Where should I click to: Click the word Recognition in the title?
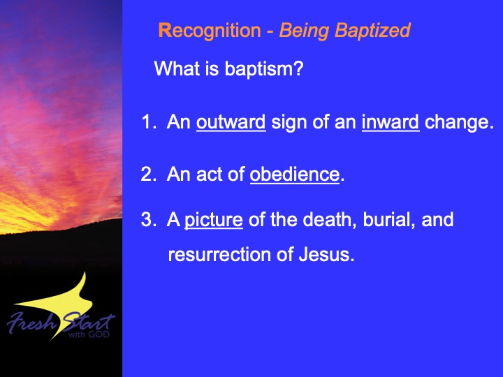tap(210, 31)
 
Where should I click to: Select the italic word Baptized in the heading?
tap(372, 31)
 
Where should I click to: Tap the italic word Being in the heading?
tap(304, 31)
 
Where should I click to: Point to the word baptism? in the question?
tap(263, 69)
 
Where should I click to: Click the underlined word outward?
tap(231, 122)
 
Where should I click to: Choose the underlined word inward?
tap(391, 122)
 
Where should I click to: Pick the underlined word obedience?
tap(295, 175)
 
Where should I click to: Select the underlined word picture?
tap(214, 221)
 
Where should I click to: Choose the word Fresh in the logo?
tap(31, 322)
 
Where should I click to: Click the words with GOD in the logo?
tap(89, 334)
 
